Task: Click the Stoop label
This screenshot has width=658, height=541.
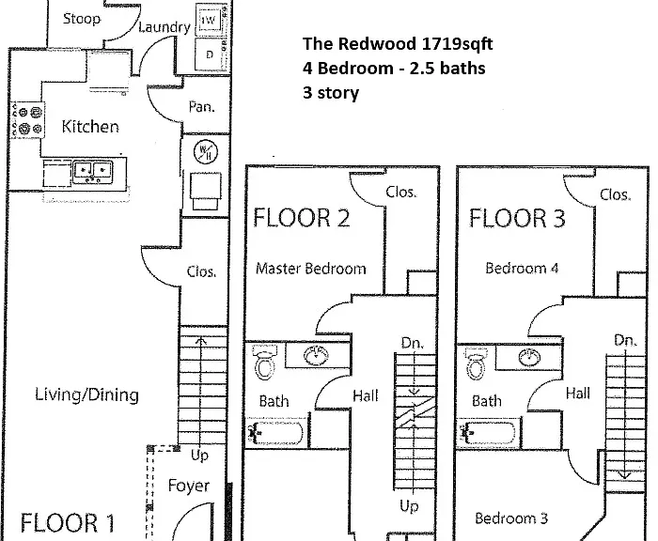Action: (82, 19)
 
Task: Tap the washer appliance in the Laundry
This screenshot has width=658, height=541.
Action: (209, 20)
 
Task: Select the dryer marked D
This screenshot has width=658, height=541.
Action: (209, 54)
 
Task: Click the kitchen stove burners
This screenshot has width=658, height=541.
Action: (27, 120)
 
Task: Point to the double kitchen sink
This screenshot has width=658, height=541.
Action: (93, 172)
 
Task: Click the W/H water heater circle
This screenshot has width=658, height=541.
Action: (206, 152)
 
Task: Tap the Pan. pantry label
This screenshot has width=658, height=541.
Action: (201, 107)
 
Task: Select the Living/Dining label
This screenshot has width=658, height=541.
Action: (86, 395)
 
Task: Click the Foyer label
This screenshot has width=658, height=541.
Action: (188, 486)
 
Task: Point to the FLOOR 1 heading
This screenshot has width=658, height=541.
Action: (68, 523)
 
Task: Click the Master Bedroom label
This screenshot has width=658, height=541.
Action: (310, 269)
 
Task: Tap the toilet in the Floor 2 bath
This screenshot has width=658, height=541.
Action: (265, 362)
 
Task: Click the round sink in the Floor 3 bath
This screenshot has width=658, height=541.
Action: (529, 357)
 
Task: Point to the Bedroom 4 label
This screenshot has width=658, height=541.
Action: (522, 268)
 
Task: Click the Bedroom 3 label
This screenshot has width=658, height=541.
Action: (511, 518)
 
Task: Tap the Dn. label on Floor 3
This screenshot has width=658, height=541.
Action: (625, 340)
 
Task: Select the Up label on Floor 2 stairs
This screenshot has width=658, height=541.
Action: (409, 506)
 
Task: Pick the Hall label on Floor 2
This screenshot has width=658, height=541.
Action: (365, 396)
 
